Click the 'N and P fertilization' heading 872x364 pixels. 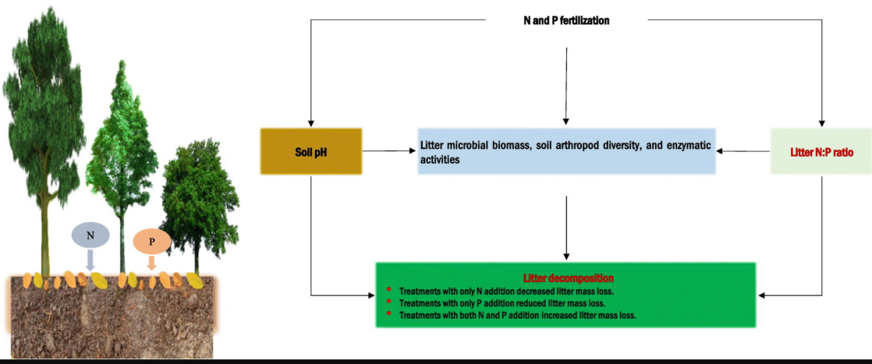[x=565, y=21]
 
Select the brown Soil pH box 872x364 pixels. [x=311, y=151]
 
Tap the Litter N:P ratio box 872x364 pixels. [x=820, y=152]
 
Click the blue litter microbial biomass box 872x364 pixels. [x=567, y=151]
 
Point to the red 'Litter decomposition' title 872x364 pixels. [x=566, y=277]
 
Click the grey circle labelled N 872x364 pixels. [x=90, y=234]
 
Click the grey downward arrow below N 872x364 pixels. [x=90, y=259]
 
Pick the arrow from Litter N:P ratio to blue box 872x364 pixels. [x=743, y=151]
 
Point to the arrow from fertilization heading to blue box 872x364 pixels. [x=566, y=86]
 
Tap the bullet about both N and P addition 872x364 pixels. [x=517, y=315]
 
